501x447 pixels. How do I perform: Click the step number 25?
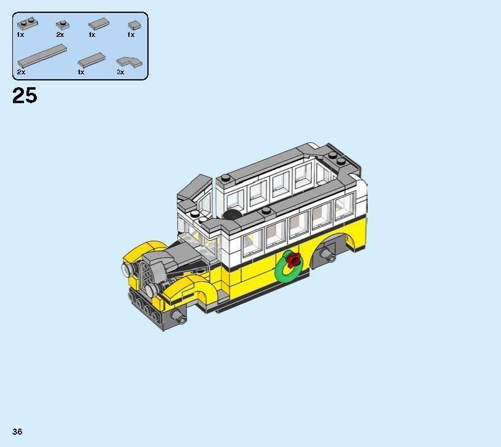tap(25, 96)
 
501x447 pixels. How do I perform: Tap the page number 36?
tap(17, 432)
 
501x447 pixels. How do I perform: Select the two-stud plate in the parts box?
tap(27, 25)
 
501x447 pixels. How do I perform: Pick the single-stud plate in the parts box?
tap(61, 25)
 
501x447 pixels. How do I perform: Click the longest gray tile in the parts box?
tap(41, 56)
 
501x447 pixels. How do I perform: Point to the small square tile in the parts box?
tap(134, 25)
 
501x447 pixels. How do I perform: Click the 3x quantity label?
tap(120, 72)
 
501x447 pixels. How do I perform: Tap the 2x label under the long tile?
tap(21, 72)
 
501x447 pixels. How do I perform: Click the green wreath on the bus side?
tap(289, 266)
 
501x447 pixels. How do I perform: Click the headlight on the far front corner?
tap(127, 268)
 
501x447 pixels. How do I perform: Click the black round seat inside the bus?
tap(231, 214)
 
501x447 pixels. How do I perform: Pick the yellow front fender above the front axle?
tap(184, 289)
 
